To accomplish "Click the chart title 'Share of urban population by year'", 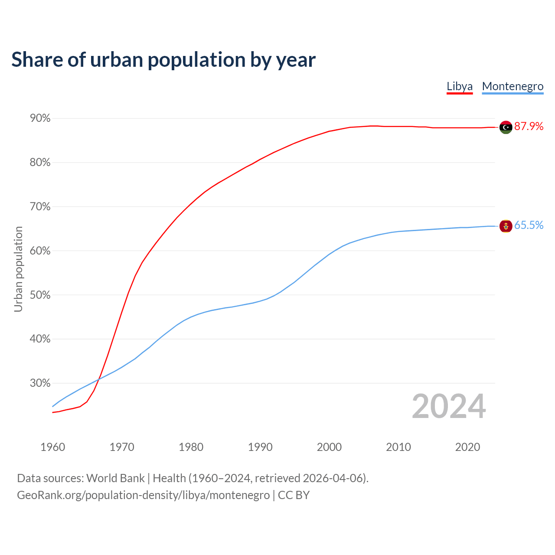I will [x=163, y=60].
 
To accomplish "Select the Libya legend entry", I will [x=460, y=86].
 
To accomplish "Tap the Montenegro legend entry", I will [x=513, y=86].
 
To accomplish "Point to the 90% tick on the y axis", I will [x=40, y=118].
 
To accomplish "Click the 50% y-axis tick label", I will [x=40, y=295].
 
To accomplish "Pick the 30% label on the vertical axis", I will [x=40, y=383].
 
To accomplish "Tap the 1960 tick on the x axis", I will [x=53, y=447].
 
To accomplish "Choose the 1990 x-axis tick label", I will [x=260, y=447].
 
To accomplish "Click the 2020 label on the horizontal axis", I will [x=467, y=447].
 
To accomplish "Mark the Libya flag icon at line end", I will [x=506, y=127].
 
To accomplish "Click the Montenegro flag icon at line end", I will [x=506, y=226].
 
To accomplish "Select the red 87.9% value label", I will [x=529, y=126].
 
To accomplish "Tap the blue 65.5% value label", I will [x=529, y=225].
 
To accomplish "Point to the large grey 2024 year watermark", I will [x=449, y=407].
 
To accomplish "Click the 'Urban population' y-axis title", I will [x=18, y=269].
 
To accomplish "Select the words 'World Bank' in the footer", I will [x=115, y=478].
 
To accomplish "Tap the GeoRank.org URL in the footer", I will [x=143, y=495].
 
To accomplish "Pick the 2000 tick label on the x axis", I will [x=330, y=447].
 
